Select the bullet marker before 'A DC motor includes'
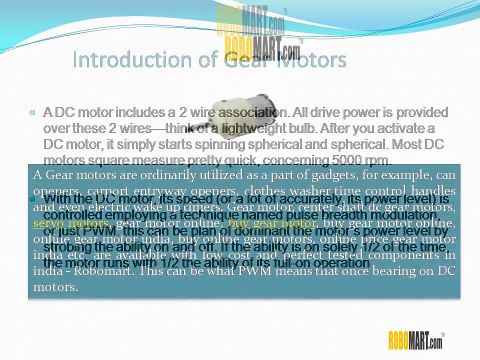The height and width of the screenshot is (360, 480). [x=33, y=115]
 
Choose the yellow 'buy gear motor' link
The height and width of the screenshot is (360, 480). [x=263, y=224]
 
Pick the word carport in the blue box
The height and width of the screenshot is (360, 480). [x=108, y=191]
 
